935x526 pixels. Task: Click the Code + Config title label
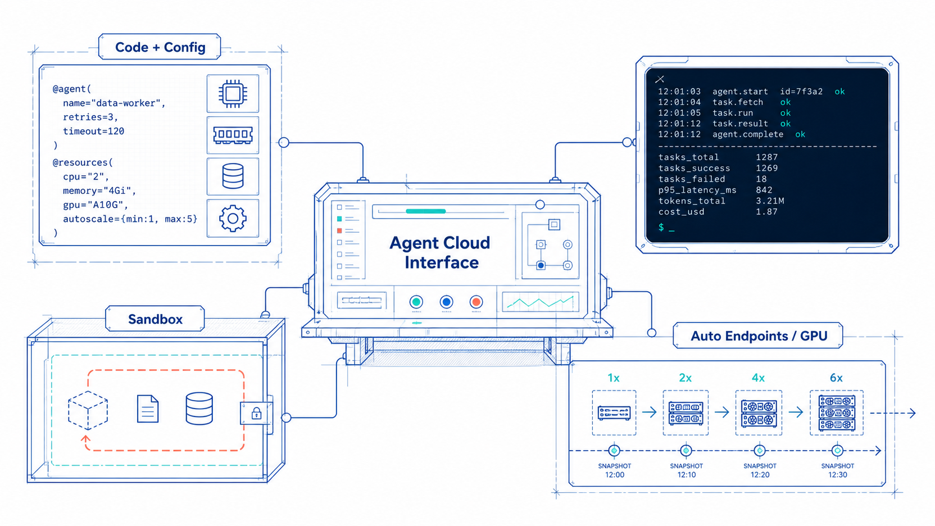(160, 47)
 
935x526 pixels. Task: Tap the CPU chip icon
(233, 93)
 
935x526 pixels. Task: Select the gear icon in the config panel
(233, 219)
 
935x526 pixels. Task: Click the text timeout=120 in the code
(93, 131)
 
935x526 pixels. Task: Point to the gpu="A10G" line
(96, 205)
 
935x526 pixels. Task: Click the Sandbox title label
(155, 319)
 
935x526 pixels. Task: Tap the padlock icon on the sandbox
(256, 413)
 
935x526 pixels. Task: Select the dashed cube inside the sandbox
(88, 410)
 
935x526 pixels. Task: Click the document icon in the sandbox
(148, 409)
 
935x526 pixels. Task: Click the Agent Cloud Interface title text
(440, 252)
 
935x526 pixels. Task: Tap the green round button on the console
(416, 302)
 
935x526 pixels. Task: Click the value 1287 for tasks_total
(767, 157)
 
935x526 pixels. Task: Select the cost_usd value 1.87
(767, 212)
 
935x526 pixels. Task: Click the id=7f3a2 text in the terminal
(801, 92)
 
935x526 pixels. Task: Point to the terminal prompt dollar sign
(661, 227)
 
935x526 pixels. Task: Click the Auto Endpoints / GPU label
(759, 336)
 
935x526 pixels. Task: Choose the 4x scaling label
(758, 378)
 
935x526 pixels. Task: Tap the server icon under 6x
(837, 413)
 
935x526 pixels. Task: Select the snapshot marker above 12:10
(686, 451)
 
